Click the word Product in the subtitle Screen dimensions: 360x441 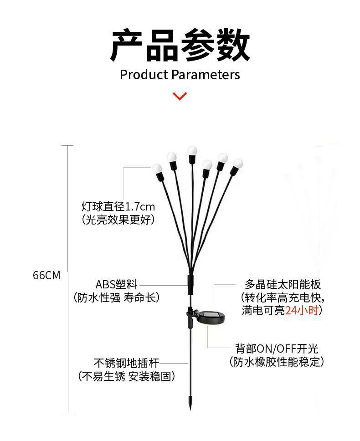coord(144,74)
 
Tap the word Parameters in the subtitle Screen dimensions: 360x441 coord(206,74)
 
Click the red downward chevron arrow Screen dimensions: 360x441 coord(180,96)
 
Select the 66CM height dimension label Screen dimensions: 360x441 coord(46,276)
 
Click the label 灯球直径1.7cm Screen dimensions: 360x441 coord(118,206)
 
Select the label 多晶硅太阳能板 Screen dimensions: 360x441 coord(283,285)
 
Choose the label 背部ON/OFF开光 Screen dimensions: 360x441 coord(277,349)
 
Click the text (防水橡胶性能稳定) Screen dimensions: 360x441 coord(277,362)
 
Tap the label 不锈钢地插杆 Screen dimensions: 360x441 coord(126,363)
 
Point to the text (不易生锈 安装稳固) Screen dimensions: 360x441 coord(126,376)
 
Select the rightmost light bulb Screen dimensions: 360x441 coord(238,163)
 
